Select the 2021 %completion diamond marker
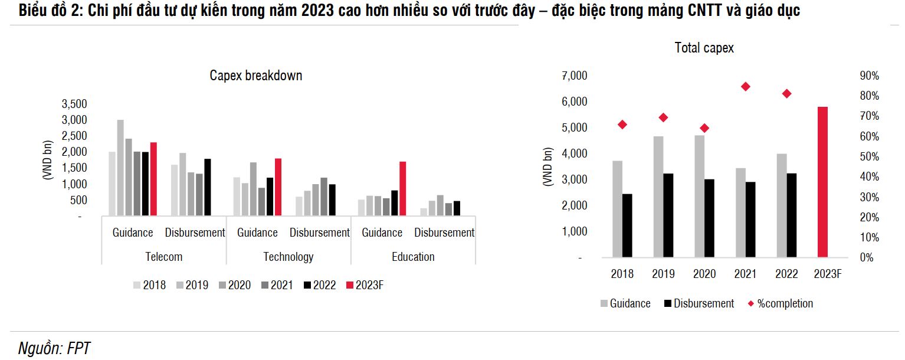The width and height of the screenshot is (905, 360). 745,87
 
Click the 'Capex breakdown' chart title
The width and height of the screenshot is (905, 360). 256,76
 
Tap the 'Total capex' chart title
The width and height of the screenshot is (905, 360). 704,48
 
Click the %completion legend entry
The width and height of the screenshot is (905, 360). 779,304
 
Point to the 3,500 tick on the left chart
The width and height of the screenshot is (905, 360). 74,104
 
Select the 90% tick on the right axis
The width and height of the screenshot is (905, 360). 870,76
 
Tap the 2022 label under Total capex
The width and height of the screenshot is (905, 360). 786,274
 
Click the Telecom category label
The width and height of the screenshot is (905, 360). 163,257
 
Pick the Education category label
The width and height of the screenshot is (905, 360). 413,257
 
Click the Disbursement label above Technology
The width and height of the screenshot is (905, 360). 319,233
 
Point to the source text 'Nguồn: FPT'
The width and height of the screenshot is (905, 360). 54,348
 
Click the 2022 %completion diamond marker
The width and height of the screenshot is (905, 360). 786,94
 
